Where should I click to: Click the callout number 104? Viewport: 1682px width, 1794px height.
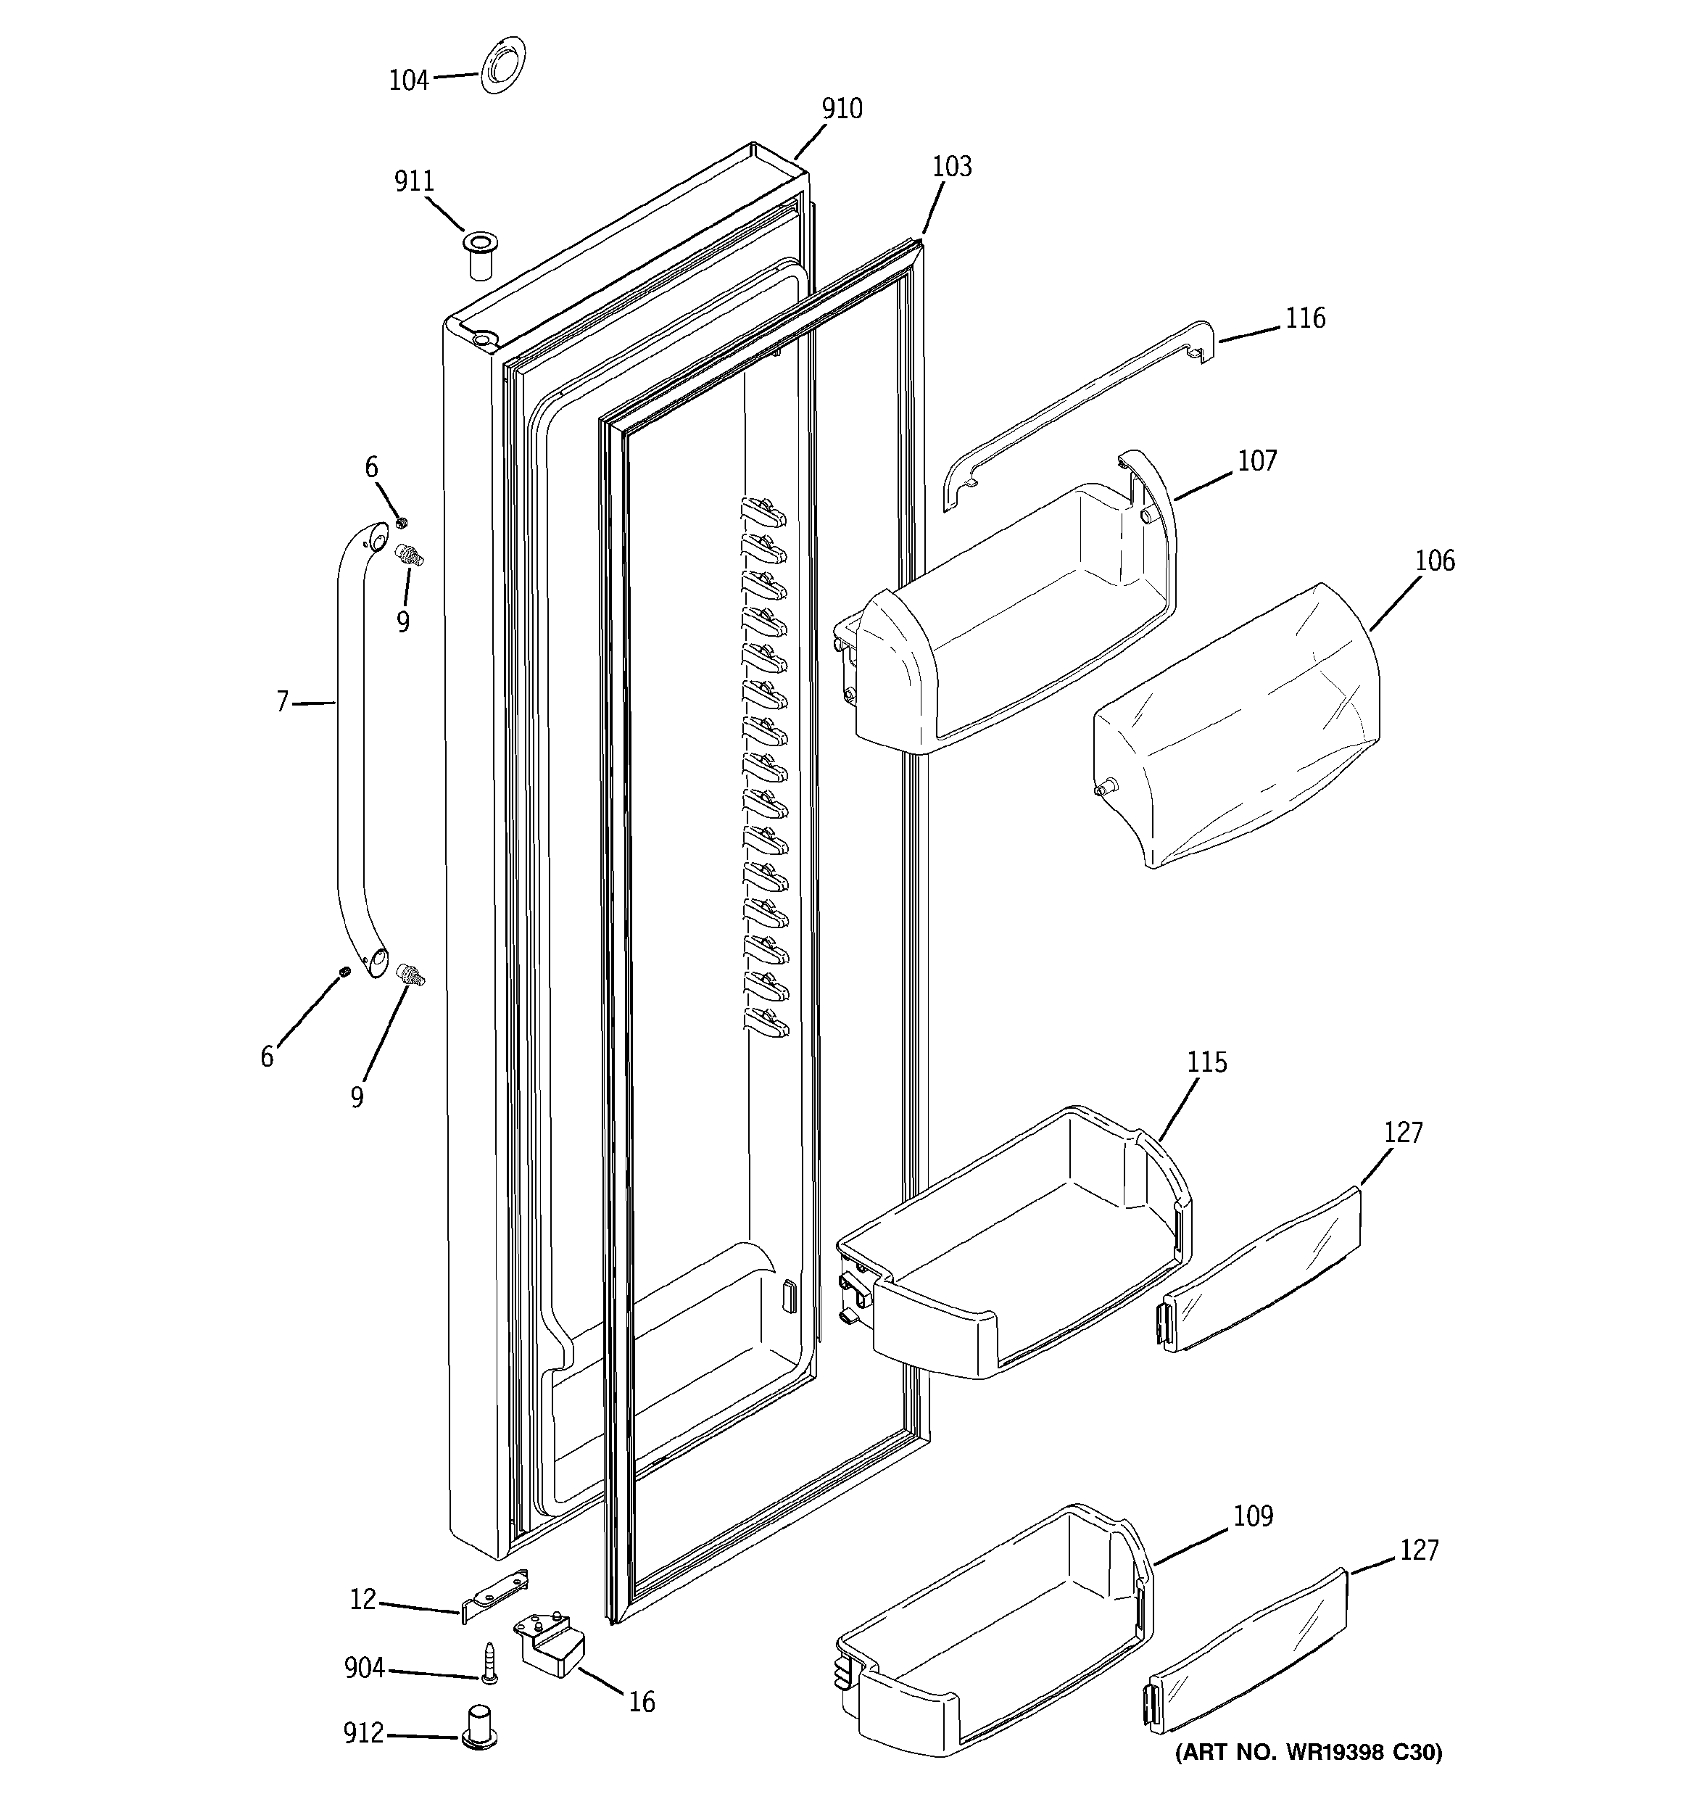(x=408, y=81)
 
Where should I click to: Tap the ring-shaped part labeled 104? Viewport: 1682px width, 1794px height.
(x=502, y=65)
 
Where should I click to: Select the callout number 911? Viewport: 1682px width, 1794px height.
(x=414, y=181)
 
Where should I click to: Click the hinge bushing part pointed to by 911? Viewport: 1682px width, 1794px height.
(x=480, y=255)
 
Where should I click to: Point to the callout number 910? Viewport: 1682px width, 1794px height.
(x=841, y=109)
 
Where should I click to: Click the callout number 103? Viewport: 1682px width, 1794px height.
(x=952, y=167)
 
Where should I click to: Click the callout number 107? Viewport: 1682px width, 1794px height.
(x=1257, y=461)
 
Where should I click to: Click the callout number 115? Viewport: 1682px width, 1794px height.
(x=1207, y=1063)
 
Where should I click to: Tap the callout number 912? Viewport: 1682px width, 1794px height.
(x=364, y=1734)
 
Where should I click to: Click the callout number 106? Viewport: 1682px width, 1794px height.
(x=1434, y=561)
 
